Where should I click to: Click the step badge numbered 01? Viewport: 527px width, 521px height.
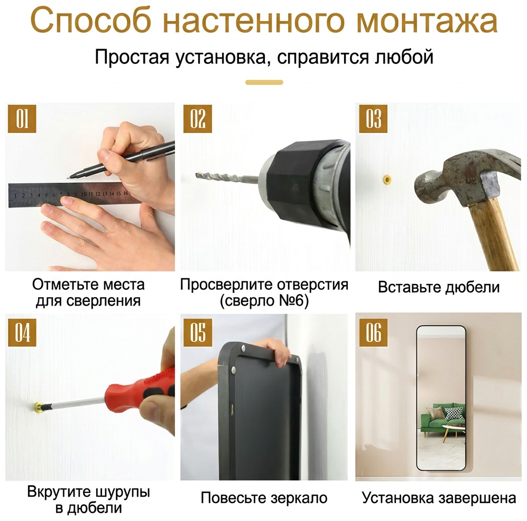pos(22,118)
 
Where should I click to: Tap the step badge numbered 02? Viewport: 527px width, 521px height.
pos(197,118)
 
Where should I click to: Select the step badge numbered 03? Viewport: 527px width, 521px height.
pos(373,118)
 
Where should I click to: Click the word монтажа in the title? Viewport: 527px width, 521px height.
pos(427,21)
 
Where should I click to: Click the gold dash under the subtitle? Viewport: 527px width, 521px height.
pos(264,82)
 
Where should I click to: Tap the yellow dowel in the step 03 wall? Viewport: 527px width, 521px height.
pos(388,179)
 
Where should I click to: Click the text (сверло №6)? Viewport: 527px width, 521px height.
pos(264,301)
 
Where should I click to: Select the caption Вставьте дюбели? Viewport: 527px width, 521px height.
pos(439,287)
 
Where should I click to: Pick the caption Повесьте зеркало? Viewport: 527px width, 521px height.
pos(264,498)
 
